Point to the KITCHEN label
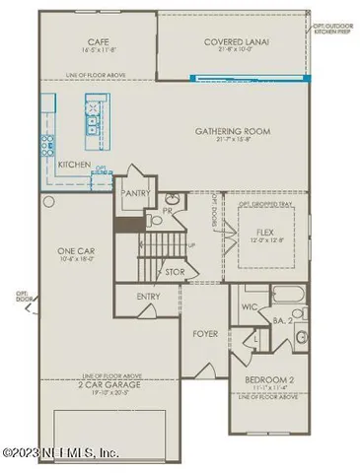75,164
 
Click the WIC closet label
250,306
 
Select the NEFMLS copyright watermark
62,453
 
